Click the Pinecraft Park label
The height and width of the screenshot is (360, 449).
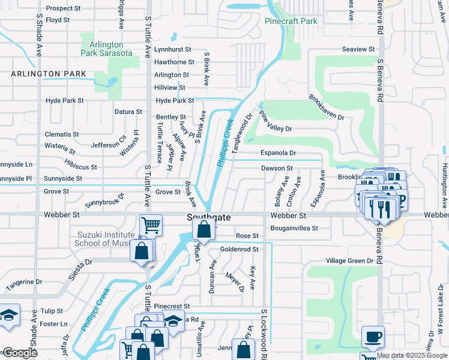click(x=291, y=21)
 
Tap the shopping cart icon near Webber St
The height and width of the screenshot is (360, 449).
click(x=151, y=226)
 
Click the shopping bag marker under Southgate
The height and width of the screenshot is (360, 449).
click(x=204, y=230)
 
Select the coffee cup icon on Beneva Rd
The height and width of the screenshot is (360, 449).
click(x=373, y=336)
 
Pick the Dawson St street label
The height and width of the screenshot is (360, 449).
click(x=277, y=169)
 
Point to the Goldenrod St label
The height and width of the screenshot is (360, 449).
click(x=239, y=249)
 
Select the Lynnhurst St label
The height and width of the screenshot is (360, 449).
click(x=172, y=49)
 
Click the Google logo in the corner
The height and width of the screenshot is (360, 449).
click(x=20, y=353)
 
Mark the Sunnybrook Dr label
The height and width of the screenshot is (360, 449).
click(x=104, y=200)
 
